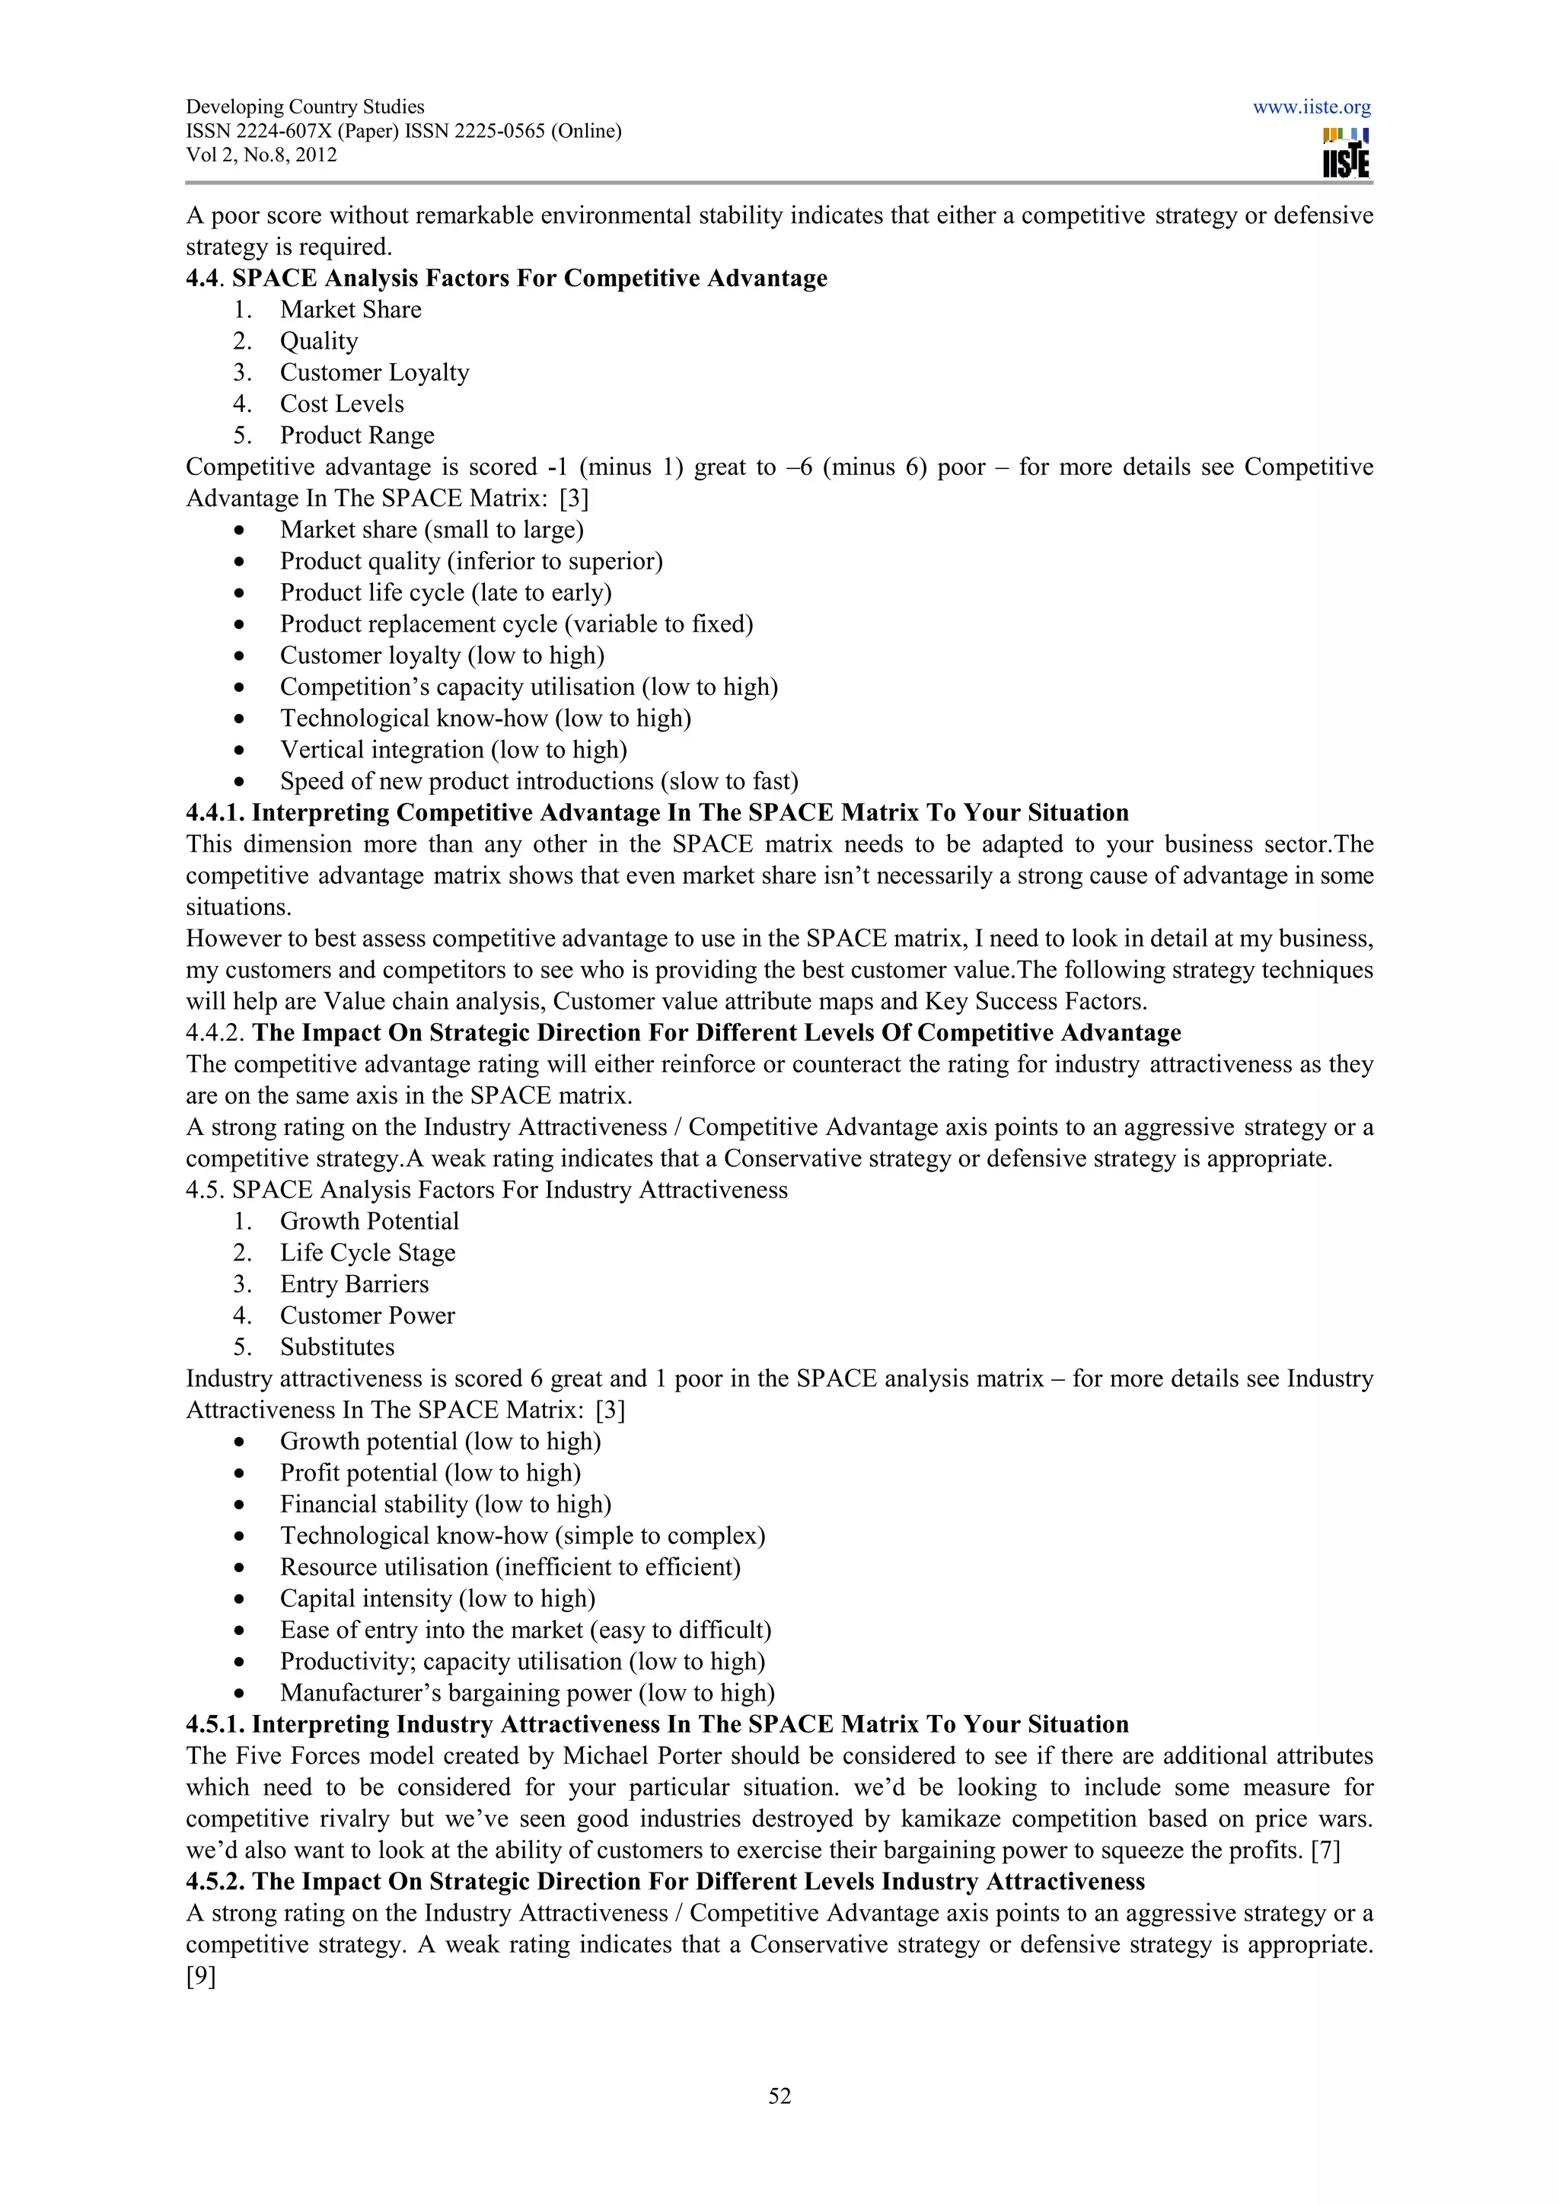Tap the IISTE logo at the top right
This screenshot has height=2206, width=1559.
1345,154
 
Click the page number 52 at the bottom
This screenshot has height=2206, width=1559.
779,2096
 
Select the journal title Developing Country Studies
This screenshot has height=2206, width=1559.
304,107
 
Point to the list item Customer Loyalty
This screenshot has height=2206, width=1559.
374,373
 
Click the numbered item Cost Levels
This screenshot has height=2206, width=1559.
341,404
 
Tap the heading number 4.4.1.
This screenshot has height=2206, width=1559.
215,813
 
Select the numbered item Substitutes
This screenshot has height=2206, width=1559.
336,1347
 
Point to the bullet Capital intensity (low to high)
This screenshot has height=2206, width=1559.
437,1599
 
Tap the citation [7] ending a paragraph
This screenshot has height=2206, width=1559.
1325,1851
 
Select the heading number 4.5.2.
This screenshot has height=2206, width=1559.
215,1881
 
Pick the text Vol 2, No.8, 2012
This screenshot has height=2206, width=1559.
261,155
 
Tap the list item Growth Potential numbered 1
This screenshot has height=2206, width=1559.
369,1221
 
